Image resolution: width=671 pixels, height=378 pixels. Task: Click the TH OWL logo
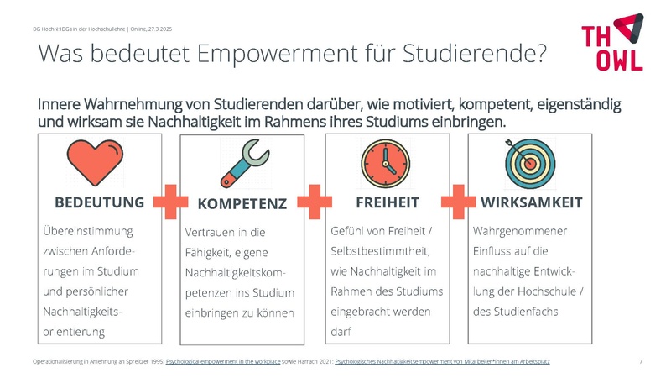[x=612, y=42]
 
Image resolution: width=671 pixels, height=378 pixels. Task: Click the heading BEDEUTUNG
[x=99, y=202]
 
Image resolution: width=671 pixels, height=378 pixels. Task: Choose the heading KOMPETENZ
[x=242, y=204]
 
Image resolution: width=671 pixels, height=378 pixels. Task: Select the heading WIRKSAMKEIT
[x=532, y=202]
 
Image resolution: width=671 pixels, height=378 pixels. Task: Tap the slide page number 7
[x=641, y=361]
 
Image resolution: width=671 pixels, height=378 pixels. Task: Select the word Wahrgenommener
[x=520, y=230]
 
